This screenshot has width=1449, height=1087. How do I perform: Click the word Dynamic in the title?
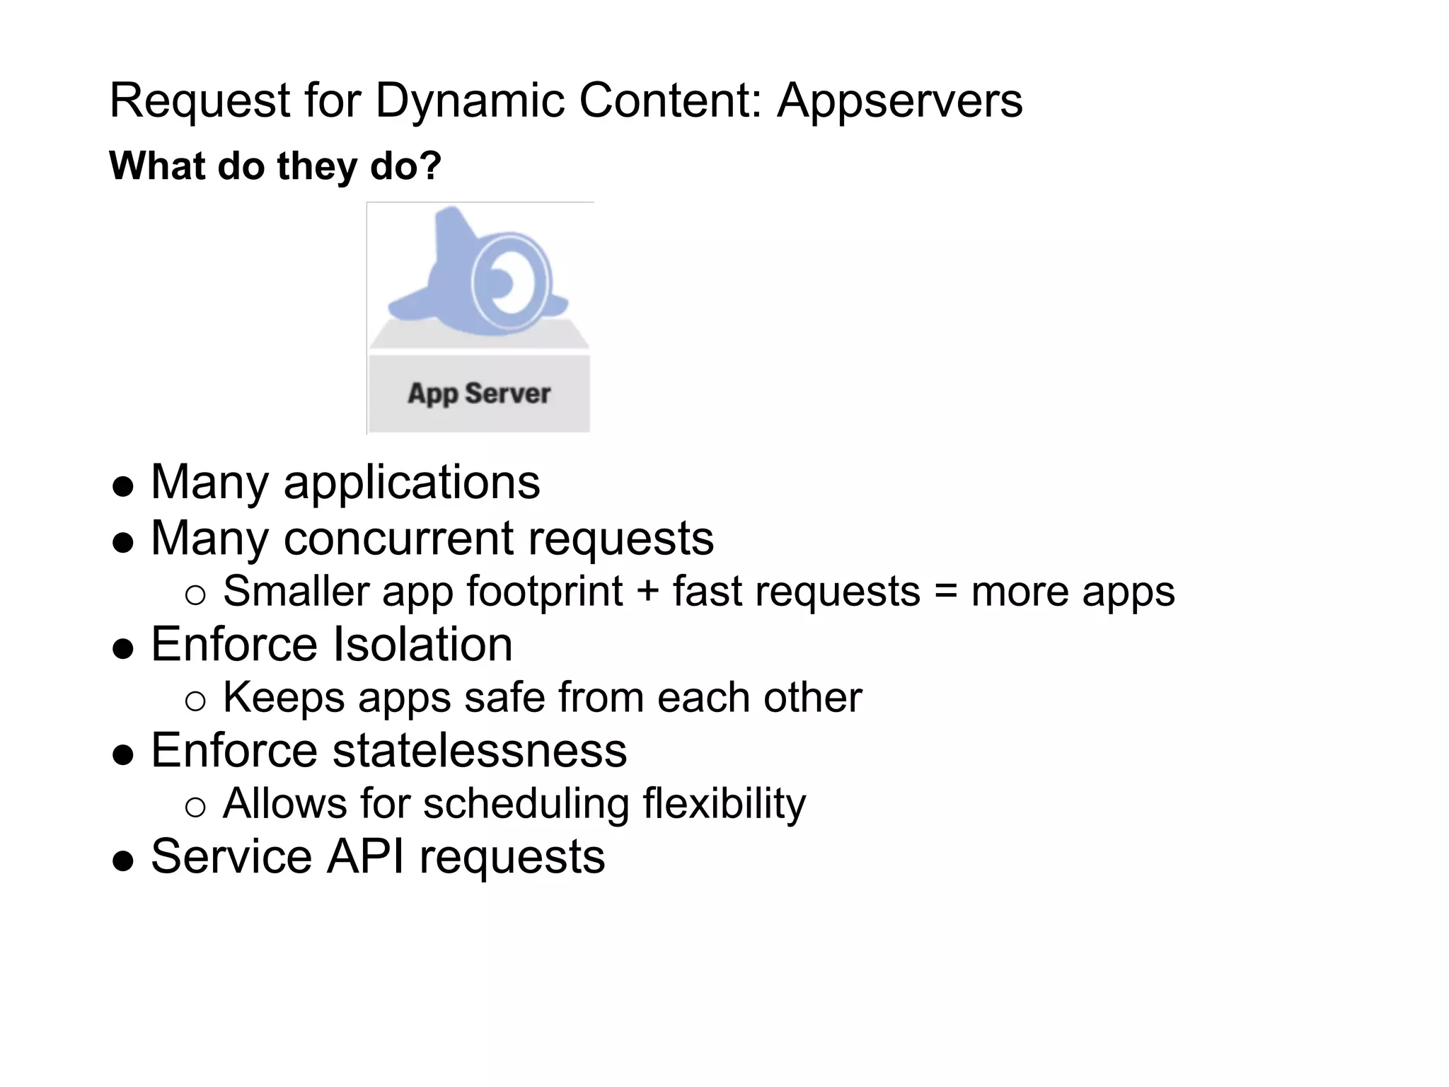coord(469,101)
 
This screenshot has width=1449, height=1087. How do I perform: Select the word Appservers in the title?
coord(899,101)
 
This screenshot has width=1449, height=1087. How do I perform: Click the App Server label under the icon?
coord(479,393)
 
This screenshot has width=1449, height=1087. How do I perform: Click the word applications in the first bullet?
coord(412,483)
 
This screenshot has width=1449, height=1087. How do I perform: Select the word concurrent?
coord(398,539)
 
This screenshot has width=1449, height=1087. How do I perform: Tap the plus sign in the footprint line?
coord(647,591)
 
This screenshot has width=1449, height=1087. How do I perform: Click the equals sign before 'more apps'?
coord(945,591)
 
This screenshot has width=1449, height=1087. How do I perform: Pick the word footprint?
coord(544,592)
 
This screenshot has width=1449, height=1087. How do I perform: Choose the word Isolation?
coord(422,645)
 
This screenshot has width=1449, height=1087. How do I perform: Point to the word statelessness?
coord(480,750)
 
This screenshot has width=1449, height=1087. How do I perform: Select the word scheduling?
coord(526,805)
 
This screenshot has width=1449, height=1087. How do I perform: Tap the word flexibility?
coord(724,805)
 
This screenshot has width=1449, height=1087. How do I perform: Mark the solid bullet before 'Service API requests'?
coord(123,861)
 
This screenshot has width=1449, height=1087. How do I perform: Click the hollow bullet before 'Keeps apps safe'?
coord(195,701)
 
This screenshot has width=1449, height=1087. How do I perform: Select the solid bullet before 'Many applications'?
coord(123,487)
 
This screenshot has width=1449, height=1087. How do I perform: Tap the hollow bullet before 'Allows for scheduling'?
coord(195,807)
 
